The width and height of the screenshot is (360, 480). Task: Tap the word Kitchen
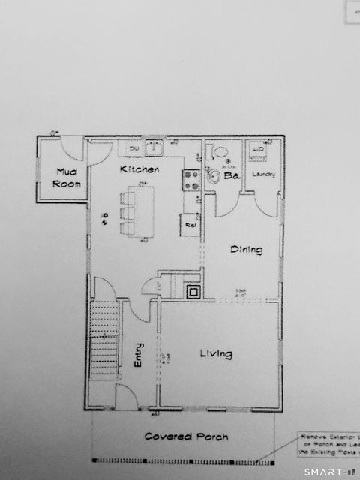pos(140,170)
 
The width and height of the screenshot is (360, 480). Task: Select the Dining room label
pos(246,250)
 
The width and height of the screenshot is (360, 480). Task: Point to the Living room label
pos(215,353)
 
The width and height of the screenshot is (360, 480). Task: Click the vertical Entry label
pos(139,354)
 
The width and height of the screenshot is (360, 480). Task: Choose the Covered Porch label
pos(187,436)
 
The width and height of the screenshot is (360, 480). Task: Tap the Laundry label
pos(263,175)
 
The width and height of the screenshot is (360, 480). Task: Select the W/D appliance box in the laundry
pos(258,151)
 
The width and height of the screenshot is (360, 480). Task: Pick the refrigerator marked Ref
pos(190,223)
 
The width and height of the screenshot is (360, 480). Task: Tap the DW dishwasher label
pos(134,149)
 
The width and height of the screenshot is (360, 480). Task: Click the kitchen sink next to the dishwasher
pos(155,148)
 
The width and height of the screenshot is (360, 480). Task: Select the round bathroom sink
pos(213,177)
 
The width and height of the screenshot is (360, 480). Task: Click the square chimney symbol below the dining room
pos(193,291)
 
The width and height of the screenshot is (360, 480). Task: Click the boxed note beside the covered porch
pos(328,444)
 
